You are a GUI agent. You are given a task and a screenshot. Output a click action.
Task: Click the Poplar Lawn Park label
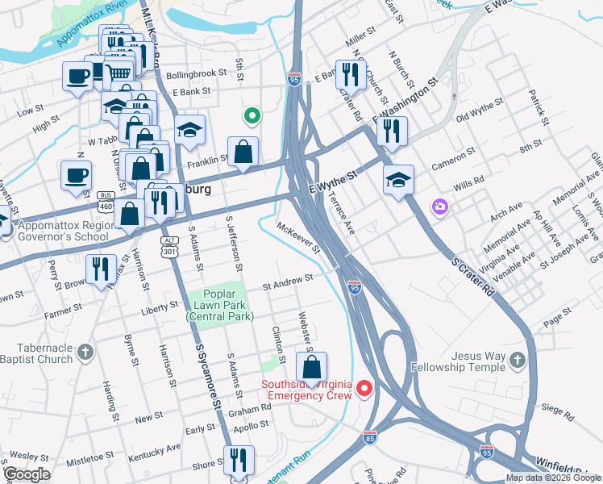click(x=218, y=305)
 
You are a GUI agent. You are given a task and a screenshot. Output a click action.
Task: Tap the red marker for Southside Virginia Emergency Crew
click(x=364, y=390)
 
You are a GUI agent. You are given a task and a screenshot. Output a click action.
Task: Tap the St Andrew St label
click(x=288, y=279)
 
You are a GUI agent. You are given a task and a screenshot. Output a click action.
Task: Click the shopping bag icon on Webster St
click(x=311, y=368)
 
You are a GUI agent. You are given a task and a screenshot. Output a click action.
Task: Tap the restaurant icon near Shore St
click(x=238, y=461)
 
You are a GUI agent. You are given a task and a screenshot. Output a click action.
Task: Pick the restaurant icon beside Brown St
click(x=100, y=268)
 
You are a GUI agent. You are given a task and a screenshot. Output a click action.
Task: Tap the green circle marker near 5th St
click(x=252, y=117)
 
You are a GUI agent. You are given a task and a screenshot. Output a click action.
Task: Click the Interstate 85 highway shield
click(x=369, y=437)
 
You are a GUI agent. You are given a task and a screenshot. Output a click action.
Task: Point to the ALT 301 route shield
click(x=168, y=244)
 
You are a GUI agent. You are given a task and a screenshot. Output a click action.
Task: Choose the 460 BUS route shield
click(x=105, y=201)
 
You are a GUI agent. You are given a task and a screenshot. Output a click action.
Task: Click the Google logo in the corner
click(x=27, y=474)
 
